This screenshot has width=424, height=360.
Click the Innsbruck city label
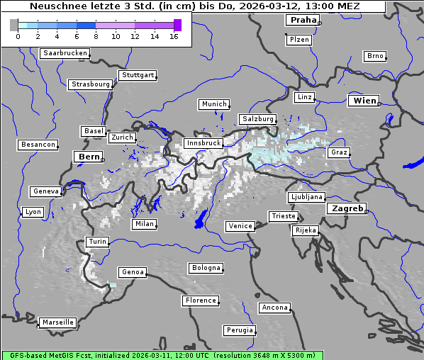(203, 143)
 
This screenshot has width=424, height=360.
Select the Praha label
(302, 20)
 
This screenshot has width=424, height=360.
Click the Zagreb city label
(346, 209)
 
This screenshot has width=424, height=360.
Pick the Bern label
(89, 157)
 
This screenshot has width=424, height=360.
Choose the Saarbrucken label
(65, 53)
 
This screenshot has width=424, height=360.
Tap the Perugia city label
(239, 330)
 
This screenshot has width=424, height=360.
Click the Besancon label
(38, 145)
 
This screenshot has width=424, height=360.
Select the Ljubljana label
(306, 197)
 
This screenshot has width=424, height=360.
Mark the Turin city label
(97, 242)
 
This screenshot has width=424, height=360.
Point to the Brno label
(374, 56)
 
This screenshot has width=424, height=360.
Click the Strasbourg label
(91, 84)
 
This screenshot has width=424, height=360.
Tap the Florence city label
(200, 300)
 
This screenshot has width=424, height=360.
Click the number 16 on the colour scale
(174, 36)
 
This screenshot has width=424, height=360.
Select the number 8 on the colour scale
(96, 36)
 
